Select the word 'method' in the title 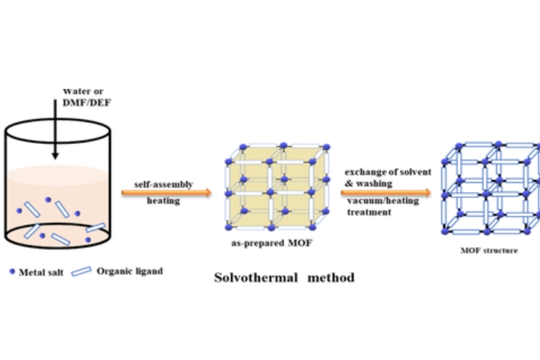(330, 277)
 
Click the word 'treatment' (370, 212)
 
